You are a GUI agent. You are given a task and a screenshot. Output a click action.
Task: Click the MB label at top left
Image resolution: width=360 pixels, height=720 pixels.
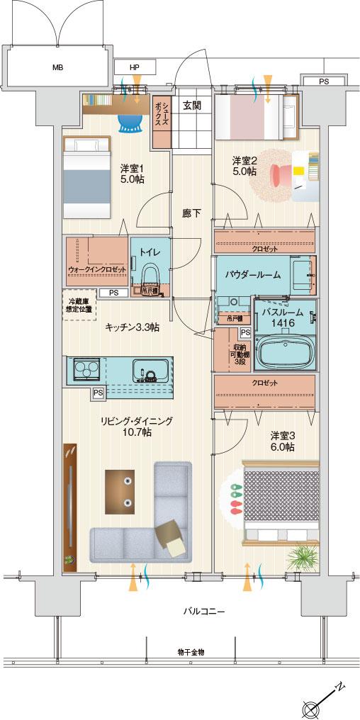click(57, 68)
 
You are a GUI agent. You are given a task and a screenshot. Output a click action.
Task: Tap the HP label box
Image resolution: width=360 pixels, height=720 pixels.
click(135, 68)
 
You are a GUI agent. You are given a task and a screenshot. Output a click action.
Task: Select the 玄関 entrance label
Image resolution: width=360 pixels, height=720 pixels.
click(192, 106)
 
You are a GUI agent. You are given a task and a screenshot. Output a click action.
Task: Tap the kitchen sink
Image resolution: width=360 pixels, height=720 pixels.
click(150, 371)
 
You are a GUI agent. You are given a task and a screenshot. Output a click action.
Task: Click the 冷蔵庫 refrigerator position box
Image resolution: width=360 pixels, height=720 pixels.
click(79, 306)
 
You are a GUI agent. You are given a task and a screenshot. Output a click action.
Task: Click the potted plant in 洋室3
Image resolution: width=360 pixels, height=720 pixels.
click(302, 557)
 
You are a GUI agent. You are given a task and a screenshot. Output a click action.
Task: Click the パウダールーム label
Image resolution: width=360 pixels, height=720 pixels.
click(253, 274)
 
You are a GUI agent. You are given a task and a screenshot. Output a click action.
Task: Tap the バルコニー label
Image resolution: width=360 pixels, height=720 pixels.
click(203, 609)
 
